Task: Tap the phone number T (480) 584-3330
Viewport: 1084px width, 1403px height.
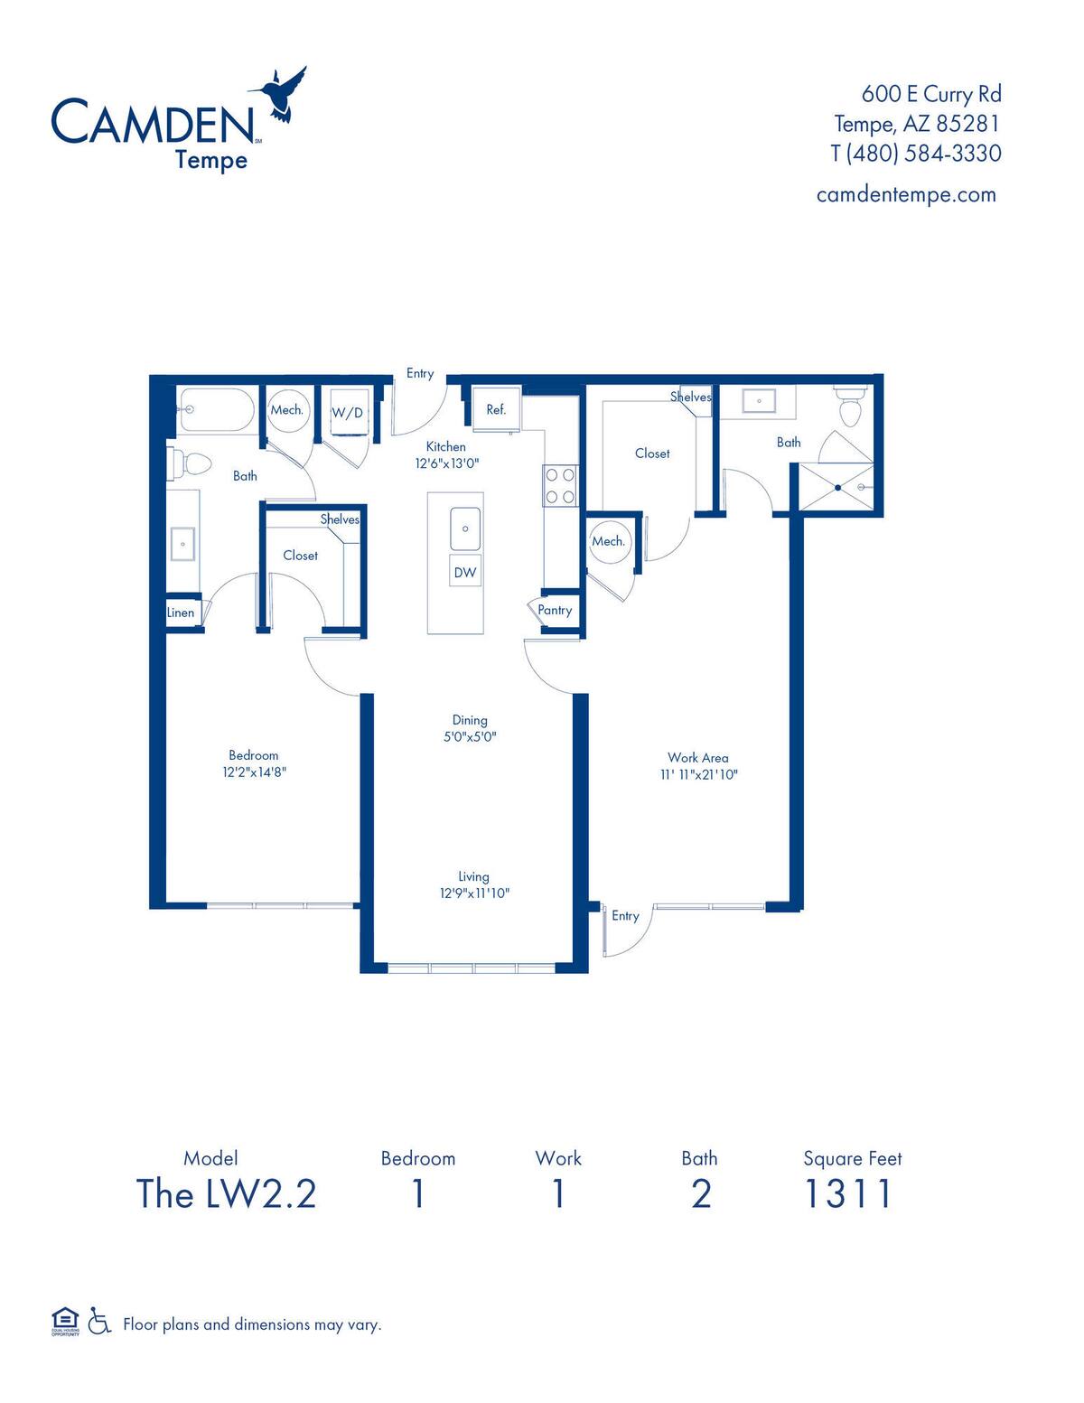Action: click(x=915, y=154)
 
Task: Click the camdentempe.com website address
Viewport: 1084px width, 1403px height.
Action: click(x=905, y=194)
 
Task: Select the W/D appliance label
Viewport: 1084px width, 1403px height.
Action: click(x=347, y=413)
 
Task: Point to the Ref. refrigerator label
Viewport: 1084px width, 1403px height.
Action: click(x=496, y=409)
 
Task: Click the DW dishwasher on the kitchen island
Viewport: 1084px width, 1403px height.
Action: click(x=465, y=572)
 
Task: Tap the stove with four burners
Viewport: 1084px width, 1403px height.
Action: click(x=559, y=484)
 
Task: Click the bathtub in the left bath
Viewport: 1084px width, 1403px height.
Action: click(x=217, y=410)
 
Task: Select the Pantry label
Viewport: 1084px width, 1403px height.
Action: click(x=555, y=610)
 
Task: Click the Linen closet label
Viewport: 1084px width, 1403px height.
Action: click(x=181, y=613)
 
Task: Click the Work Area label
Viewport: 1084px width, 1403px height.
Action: click(x=697, y=758)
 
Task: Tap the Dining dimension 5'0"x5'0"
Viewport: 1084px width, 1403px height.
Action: click(x=470, y=736)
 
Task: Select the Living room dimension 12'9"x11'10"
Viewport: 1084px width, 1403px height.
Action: click(x=474, y=893)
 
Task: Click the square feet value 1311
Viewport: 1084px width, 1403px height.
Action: click(x=848, y=1193)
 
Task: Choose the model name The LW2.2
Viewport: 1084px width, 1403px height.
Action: click(x=226, y=1193)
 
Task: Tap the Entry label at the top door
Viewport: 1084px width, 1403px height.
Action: click(x=420, y=373)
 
